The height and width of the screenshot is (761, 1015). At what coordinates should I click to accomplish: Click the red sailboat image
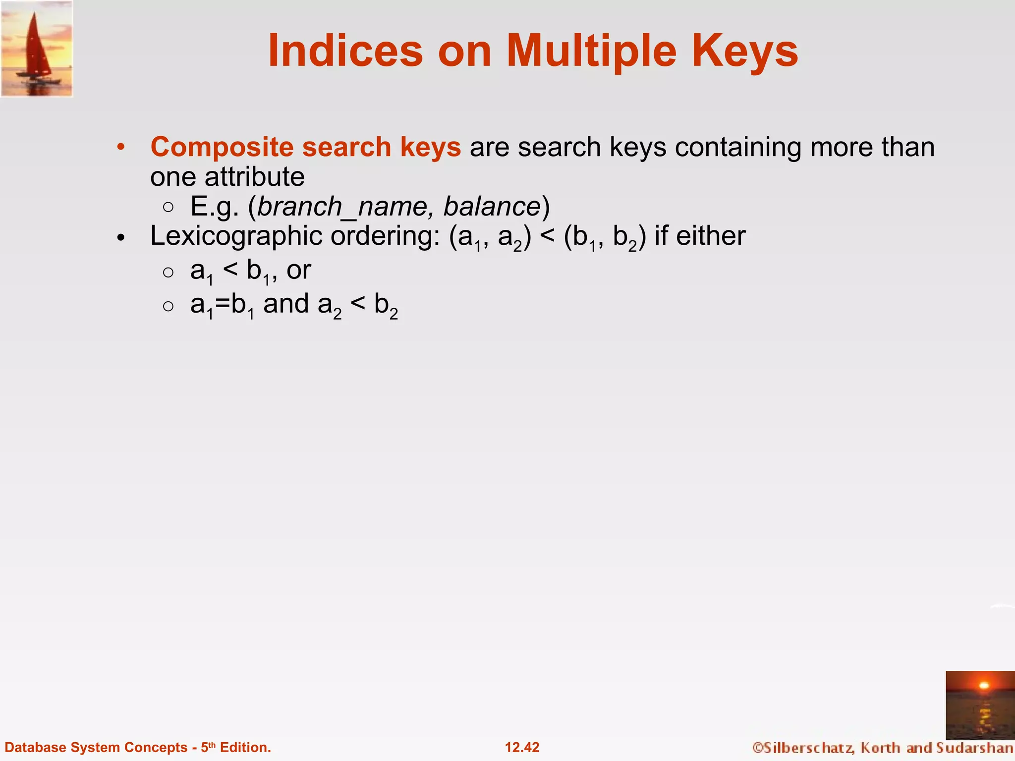pos(37,49)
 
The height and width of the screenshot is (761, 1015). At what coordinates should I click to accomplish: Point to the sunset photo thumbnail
pos(980,705)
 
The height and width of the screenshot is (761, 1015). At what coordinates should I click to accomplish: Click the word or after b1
pos(298,270)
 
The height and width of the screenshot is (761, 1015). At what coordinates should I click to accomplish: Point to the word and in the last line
pos(286,304)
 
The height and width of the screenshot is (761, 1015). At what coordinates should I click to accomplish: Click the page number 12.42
pos(522,747)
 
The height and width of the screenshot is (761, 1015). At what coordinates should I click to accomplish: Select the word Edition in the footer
pos(245,747)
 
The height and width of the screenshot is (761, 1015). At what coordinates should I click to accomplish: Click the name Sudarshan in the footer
pos(975,748)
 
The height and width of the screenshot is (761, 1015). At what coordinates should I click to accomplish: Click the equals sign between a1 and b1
pos(223,304)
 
